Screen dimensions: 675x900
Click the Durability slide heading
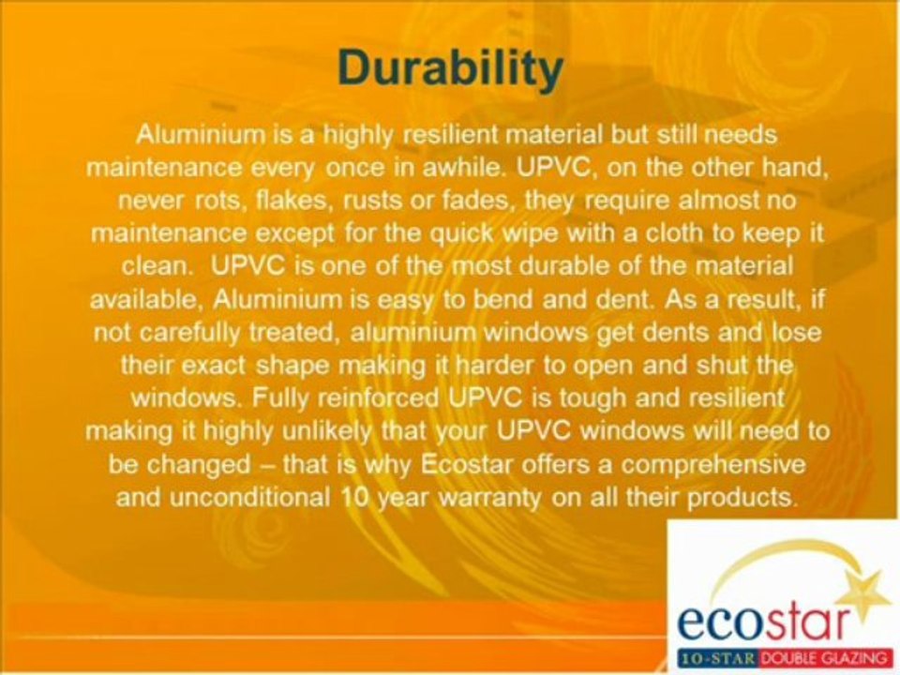[450, 68]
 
